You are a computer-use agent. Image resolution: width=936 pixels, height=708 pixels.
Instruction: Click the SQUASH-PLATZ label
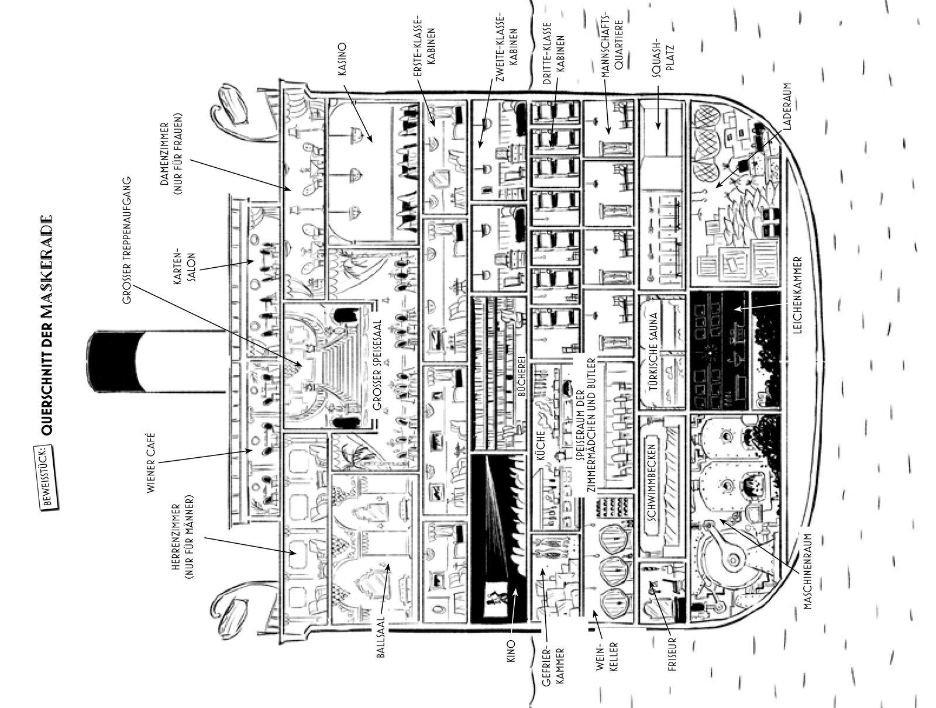pyautogui.click(x=664, y=56)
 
